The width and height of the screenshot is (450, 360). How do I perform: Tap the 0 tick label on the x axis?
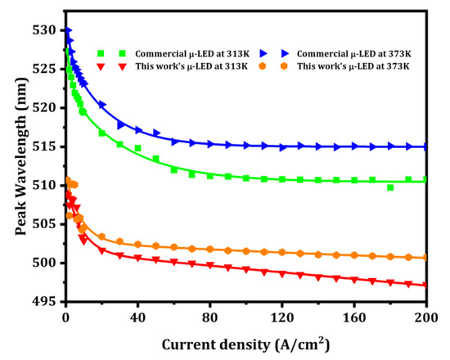coord(65,314)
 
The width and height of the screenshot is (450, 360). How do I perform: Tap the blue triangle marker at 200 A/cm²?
coord(426,146)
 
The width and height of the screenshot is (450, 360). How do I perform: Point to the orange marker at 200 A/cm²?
coord(426,257)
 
